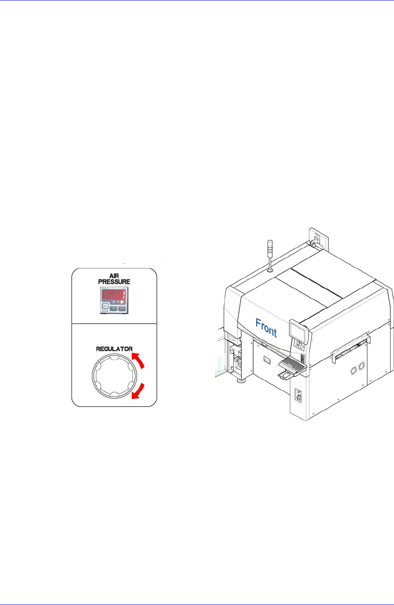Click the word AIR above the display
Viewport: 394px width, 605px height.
(x=114, y=275)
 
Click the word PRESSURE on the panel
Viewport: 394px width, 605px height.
(x=114, y=282)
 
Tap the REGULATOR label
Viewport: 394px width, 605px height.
(x=114, y=349)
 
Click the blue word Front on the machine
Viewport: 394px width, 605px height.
(x=266, y=328)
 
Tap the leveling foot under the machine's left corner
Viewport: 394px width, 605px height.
(x=240, y=381)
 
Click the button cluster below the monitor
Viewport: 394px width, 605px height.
(x=298, y=344)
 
